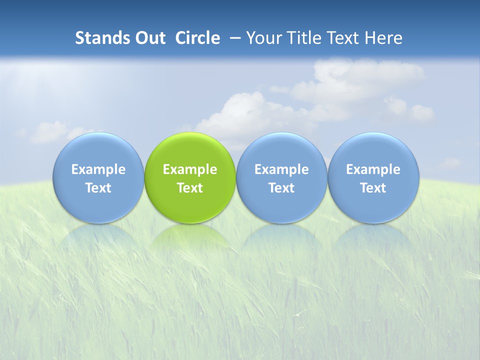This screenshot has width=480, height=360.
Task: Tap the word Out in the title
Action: point(149,38)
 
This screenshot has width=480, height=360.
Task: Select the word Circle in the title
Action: point(197,38)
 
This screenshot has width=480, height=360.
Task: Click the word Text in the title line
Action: point(344,38)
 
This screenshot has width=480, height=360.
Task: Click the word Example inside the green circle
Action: point(190,169)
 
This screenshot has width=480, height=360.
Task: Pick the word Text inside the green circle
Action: point(190,188)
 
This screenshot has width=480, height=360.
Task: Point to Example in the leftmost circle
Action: point(98,169)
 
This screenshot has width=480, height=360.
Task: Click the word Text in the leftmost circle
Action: point(98,188)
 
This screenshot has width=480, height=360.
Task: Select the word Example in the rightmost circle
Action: point(373,169)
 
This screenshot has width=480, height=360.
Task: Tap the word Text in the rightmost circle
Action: point(373,188)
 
